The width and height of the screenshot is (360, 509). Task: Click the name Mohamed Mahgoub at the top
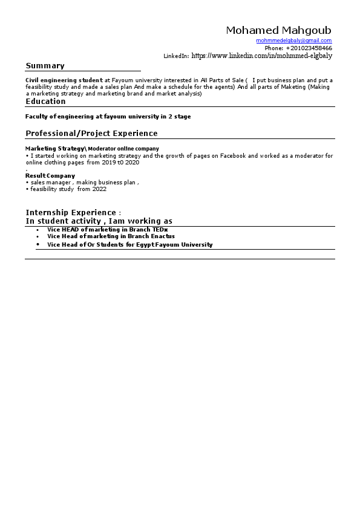coord(278,30)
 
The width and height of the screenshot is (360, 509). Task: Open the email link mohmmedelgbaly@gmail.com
coord(294,41)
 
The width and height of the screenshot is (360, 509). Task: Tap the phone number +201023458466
coord(309,48)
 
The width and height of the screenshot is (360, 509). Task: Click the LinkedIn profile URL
coord(261,56)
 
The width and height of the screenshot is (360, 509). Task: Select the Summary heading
coord(45,66)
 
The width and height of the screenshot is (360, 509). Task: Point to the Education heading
coord(45,102)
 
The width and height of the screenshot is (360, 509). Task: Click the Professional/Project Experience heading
coord(91,134)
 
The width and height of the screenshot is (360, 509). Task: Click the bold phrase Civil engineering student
coord(64,80)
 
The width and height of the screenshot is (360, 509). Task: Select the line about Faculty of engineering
coord(108,117)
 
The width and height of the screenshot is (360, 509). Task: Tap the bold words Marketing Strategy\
coord(56,149)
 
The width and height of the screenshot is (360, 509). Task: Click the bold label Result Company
coord(50,176)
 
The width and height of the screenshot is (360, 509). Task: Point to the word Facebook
coord(233,156)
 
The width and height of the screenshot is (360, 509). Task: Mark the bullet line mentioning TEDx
coord(107,230)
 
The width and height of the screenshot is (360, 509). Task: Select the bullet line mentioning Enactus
coord(111,236)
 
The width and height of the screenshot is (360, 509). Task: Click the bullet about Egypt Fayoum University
coord(129,245)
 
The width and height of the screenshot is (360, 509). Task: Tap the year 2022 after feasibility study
coord(99,189)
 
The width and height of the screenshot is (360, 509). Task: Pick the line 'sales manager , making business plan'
coord(85,182)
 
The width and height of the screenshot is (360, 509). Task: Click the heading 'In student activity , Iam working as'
coord(99,221)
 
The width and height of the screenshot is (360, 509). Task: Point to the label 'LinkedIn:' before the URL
coord(176,56)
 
